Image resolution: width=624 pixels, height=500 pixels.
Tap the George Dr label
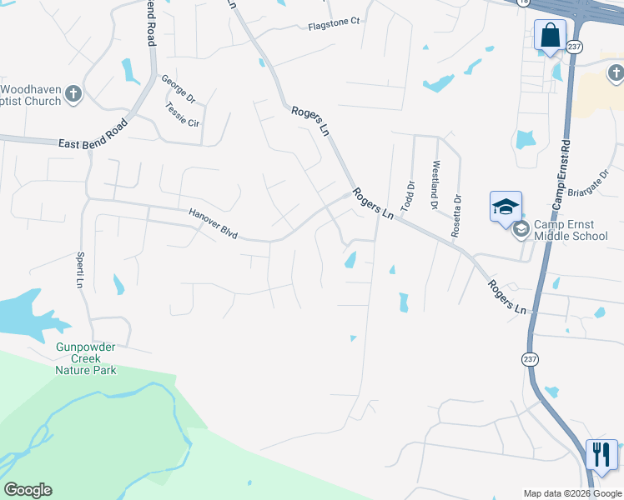pyautogui.click(x=179, y=88)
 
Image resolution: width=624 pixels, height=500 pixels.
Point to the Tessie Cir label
pyautogui.click(x=183, y=114)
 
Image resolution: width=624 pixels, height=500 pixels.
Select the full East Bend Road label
pyautogui.click(x=93, y=133)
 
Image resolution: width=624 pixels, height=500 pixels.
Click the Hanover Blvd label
pyautogui.click(x=213, y=224)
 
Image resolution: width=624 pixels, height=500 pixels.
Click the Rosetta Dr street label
pyautogui.click(x=456, y=216)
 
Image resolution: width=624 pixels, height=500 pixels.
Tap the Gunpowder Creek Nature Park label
pyautogui.click(x=86, y=358)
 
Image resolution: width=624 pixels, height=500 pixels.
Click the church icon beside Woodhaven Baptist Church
pyautogui.click(x=73, y=94)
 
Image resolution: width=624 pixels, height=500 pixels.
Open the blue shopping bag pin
pyautogui.click(x=549, y=37)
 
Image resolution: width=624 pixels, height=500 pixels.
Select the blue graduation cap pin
pyautogui.click(x=506, y=207)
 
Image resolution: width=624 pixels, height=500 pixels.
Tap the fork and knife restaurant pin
pyautogui.click(x=601, y=455)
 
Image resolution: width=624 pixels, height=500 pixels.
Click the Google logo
pyautogui.click(x=28, y=490)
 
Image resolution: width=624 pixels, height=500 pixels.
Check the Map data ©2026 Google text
pyautogui.click(x=573, y=493)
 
